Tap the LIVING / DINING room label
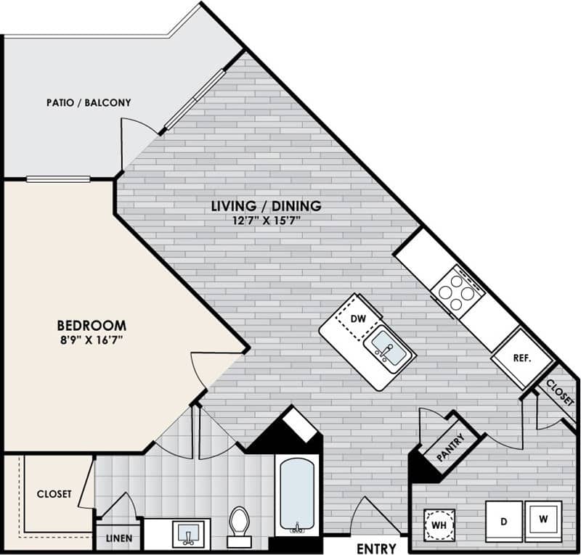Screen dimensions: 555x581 [x=266, y=206]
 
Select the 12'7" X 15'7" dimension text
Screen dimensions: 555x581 [x=266, y=221]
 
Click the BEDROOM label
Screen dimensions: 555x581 [x=92, y=326]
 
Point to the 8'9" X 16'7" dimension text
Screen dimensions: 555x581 [x=92, y=341]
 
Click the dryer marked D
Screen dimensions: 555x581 [x=502, y=521]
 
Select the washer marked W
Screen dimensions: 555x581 [x=542, y=519]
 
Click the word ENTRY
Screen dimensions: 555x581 [x=377, y=548]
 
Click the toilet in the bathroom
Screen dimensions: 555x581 [x=239, y=524]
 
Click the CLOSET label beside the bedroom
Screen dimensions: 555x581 [x=54, y=494]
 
